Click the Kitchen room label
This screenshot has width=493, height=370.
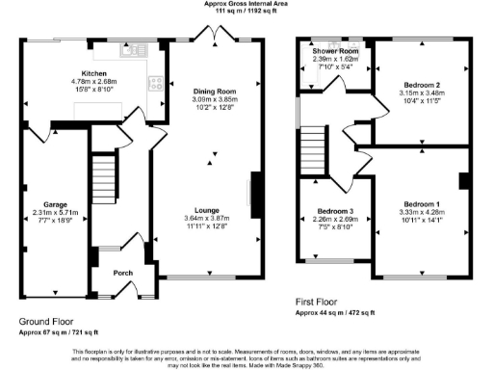click(94, 73)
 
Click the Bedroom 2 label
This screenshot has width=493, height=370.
click(420, 85)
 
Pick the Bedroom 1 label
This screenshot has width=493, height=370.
click(421, 204)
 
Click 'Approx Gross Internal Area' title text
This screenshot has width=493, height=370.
click(246, 4)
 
